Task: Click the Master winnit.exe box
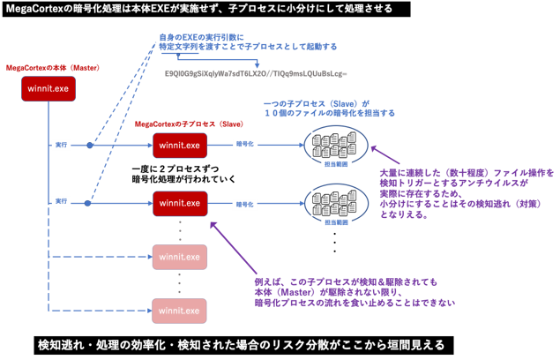[48, 90]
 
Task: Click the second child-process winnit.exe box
[180, 204]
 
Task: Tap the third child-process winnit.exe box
[180, 257]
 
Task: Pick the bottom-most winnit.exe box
[180, 311]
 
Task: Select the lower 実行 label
[61, 202]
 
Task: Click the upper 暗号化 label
[245, 142]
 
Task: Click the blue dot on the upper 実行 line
[89, 145]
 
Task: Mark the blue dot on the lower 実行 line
[88, 203]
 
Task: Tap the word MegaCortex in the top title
[37, 8]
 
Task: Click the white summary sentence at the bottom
[241, 343]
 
